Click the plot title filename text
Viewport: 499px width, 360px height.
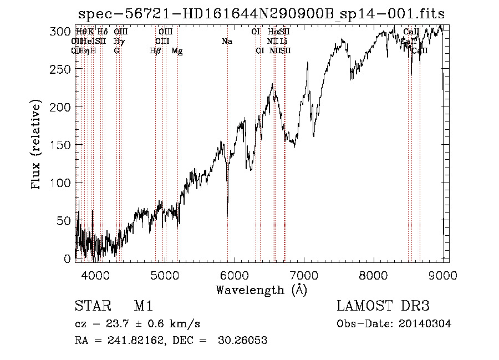[x=261, y=13]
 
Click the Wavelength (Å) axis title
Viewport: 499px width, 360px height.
[x=261, y=290]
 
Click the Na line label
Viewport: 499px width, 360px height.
[x=226, y=41]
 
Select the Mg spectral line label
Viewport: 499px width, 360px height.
[x=177, y=51]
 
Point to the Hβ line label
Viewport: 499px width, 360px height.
[x=155, y=51]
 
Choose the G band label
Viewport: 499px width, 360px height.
[x=116, y=51]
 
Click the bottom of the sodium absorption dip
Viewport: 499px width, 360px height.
[x=227, y=214]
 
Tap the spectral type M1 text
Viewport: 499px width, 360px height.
[x=143, y=306]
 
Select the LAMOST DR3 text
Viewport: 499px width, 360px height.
[x=383, y=306]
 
